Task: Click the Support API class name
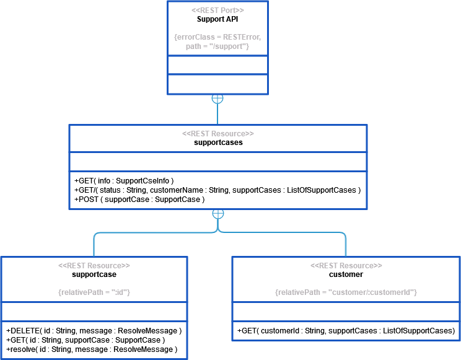pyautogui.click(x=217, y=19)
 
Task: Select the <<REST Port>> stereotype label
pyautogui.click(x=217, y=11)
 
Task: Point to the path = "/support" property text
pyautogui.click(x=217, y=46)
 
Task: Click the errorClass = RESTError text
pyautogui.click(x=217, y=37)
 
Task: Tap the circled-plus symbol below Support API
pyautogui.click(x=217, y=99)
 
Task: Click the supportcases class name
pyautogui.click(x=217, y=142)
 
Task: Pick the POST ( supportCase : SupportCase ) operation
pyautogui.click(x=139, y=200)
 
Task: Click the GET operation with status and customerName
pyautogui.click(x=217, y=190)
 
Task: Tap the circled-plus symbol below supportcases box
pyautogui.click(x=217, y=213)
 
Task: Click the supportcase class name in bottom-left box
pyautogui.click(x=94, y=274)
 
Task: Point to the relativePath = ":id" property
pyautogui.click(x=94, y=291)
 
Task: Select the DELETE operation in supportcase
pyautogui.click(x=94, y=330)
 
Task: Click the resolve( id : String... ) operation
pyautogui.click(x=92, y=349)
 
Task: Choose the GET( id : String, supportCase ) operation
pyautogui.click(x=86, y=340)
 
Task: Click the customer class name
pyautogui.click(x=346, y=274)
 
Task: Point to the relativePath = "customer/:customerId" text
pyautogui.click(x=346, y=291)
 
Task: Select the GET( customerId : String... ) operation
pyautogui.click(x=346, y=331)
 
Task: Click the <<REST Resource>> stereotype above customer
pyautogui.click(x=346, y=265)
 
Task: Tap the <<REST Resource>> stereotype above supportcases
pyautogui.click(x=217, y=133)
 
